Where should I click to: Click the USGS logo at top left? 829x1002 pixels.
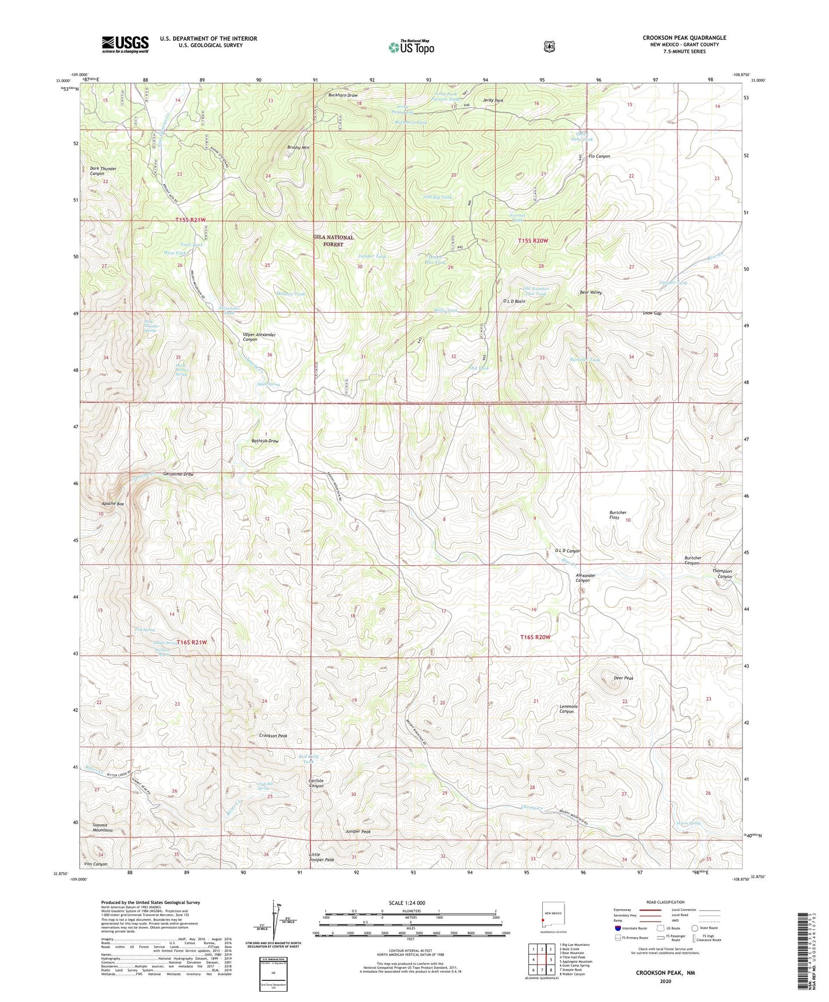[125, 44]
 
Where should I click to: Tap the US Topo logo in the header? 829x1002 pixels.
[411, 47]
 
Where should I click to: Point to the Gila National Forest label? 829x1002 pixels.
[333, 240]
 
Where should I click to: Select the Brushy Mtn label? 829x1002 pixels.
[298, 147]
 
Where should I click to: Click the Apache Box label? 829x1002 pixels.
[112, 503]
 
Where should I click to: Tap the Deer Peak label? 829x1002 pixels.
[623, 678]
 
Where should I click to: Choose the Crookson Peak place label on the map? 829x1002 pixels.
[273, 736]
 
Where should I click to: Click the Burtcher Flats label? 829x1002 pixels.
[618, 515]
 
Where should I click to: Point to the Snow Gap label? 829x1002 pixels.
[652, 313]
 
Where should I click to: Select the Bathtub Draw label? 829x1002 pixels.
[265, 441]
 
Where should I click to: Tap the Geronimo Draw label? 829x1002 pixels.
[178, 475]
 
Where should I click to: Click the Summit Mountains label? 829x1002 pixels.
[103, 828]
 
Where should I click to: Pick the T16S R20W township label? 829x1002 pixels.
[535, 637]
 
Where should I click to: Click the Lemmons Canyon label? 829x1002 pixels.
[569, 709]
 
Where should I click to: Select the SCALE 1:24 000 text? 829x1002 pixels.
[407, 903]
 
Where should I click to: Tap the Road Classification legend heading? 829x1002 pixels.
[665, 902]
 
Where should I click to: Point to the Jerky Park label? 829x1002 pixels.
[493, 100]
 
